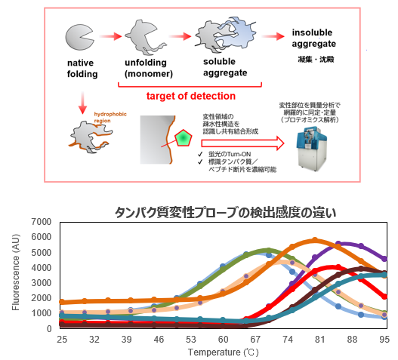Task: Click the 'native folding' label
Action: [x=82, y=68]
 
